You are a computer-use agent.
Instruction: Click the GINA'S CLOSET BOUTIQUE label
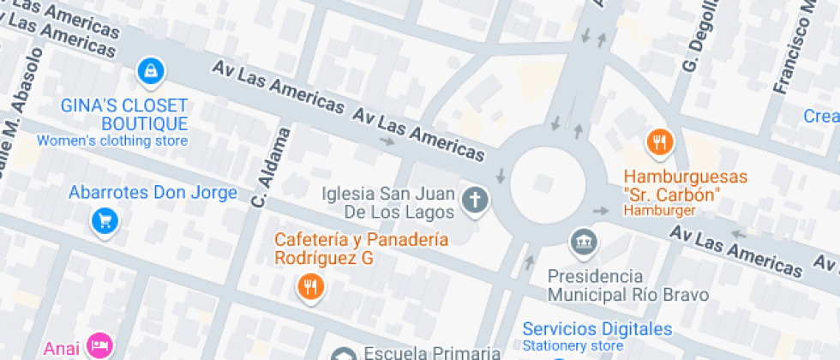[x=124, y=114]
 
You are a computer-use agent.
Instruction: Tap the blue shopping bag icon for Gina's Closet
[x=151, y=71]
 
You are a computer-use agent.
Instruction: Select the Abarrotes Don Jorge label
[x=153, y=192]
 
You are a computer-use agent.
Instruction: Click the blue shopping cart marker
[x=105, y=221]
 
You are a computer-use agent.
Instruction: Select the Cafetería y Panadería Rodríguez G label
[x=361, y=249]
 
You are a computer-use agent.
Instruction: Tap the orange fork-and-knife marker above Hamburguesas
[x=659, y=142]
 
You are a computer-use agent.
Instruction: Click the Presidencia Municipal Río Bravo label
[x=628, y=285]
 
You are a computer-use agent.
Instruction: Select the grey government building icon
[x=584, y=241]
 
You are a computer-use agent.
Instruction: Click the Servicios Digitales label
[x=597, y=328]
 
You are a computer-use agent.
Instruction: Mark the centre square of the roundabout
[x=544, y=183]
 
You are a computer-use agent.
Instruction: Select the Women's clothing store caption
[x=111, y=141]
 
